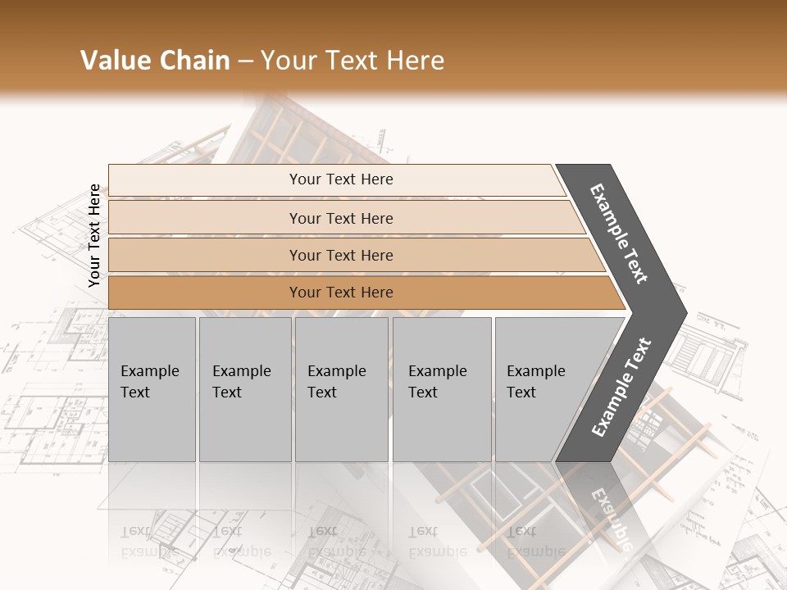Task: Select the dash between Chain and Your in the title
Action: coord(245,61)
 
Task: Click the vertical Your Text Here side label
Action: coord(94,235)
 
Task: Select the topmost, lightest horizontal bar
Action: coord(205,180)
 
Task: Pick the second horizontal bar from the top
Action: coord(205,218)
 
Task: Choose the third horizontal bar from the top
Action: coord(205,256)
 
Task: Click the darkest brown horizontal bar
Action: coord(205,293)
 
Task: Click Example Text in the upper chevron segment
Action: coord(620,234)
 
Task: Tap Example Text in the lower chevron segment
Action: coord(621,387)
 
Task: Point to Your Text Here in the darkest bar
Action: coord(341,293)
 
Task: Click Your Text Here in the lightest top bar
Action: coord(341,179)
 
